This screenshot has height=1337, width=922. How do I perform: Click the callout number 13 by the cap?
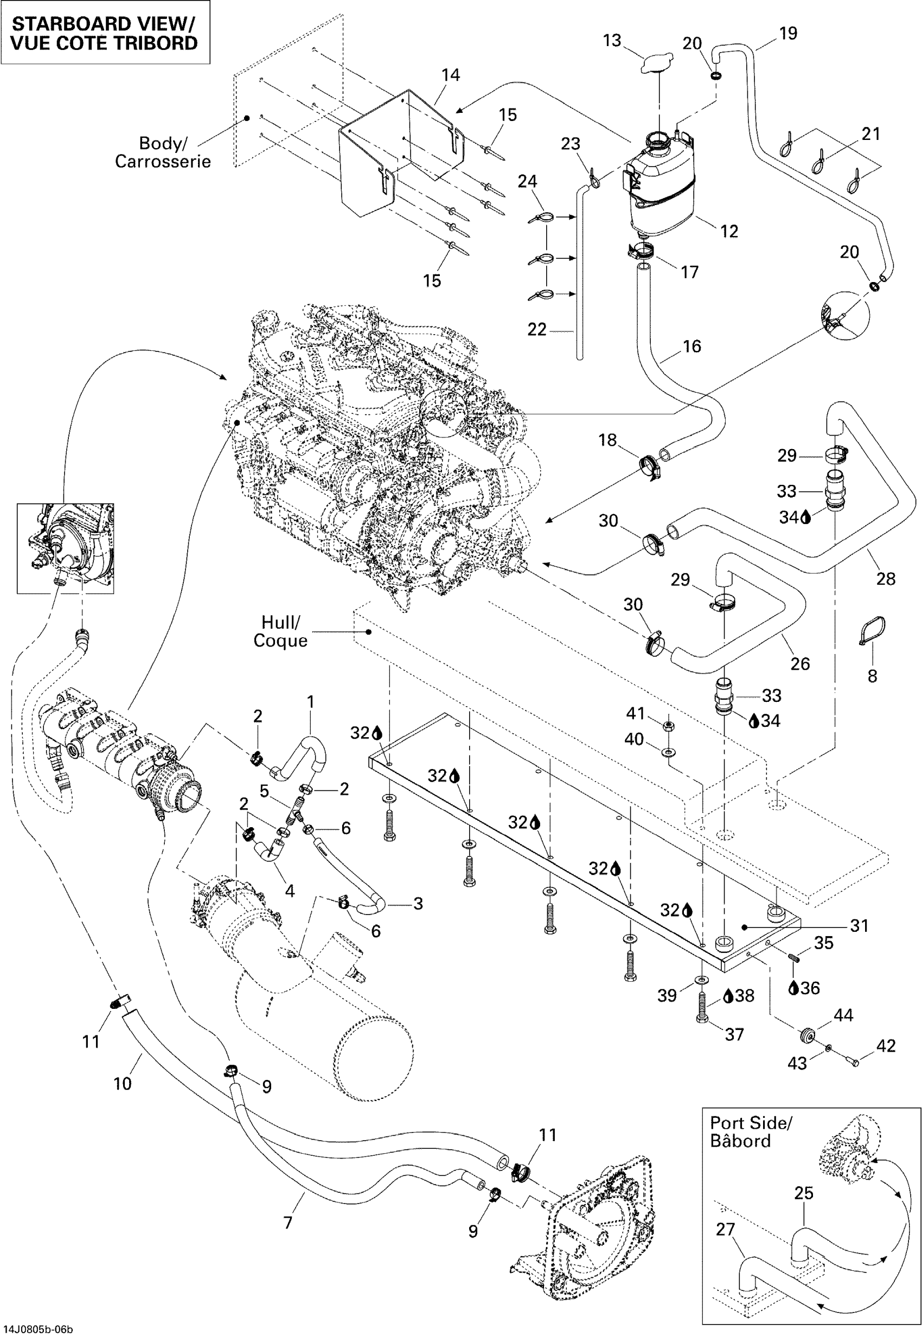pos(612,41)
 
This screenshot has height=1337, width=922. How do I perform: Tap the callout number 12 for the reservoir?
pos(729,231)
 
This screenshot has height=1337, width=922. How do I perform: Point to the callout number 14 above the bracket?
pos(451,75)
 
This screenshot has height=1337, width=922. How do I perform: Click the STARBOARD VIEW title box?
pos(105,33)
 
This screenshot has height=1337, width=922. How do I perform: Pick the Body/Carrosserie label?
pos(162,152)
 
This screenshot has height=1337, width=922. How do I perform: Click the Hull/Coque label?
pos(280,631)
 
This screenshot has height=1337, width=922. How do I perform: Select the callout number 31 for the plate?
pos(860,926)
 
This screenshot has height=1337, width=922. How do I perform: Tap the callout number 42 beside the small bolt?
pos(886,1046)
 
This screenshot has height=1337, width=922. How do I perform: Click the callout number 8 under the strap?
pos(872,676)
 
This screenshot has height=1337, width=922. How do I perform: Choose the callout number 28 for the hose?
pos(886,578)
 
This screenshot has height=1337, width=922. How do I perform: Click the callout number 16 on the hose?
pos(691,346)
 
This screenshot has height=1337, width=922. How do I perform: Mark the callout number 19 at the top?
pos(788,33)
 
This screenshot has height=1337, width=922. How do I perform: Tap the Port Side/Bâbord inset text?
pos(751,1132)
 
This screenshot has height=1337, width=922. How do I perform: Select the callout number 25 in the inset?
pos(804,1193)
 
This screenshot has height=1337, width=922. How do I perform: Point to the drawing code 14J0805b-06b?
pos(38,1329)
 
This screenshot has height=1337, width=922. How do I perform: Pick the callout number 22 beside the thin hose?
pos(537,329)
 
